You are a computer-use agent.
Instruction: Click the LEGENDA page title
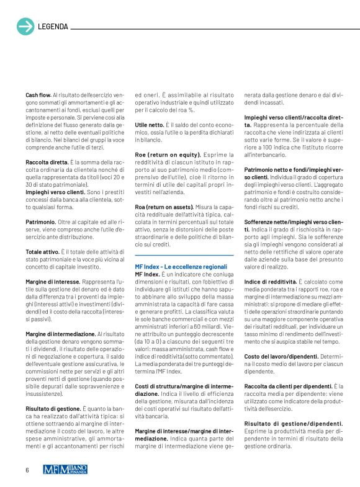pos(53,27)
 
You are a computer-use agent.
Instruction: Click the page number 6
pos(27,470)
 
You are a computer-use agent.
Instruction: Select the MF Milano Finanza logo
pos(65,470)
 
